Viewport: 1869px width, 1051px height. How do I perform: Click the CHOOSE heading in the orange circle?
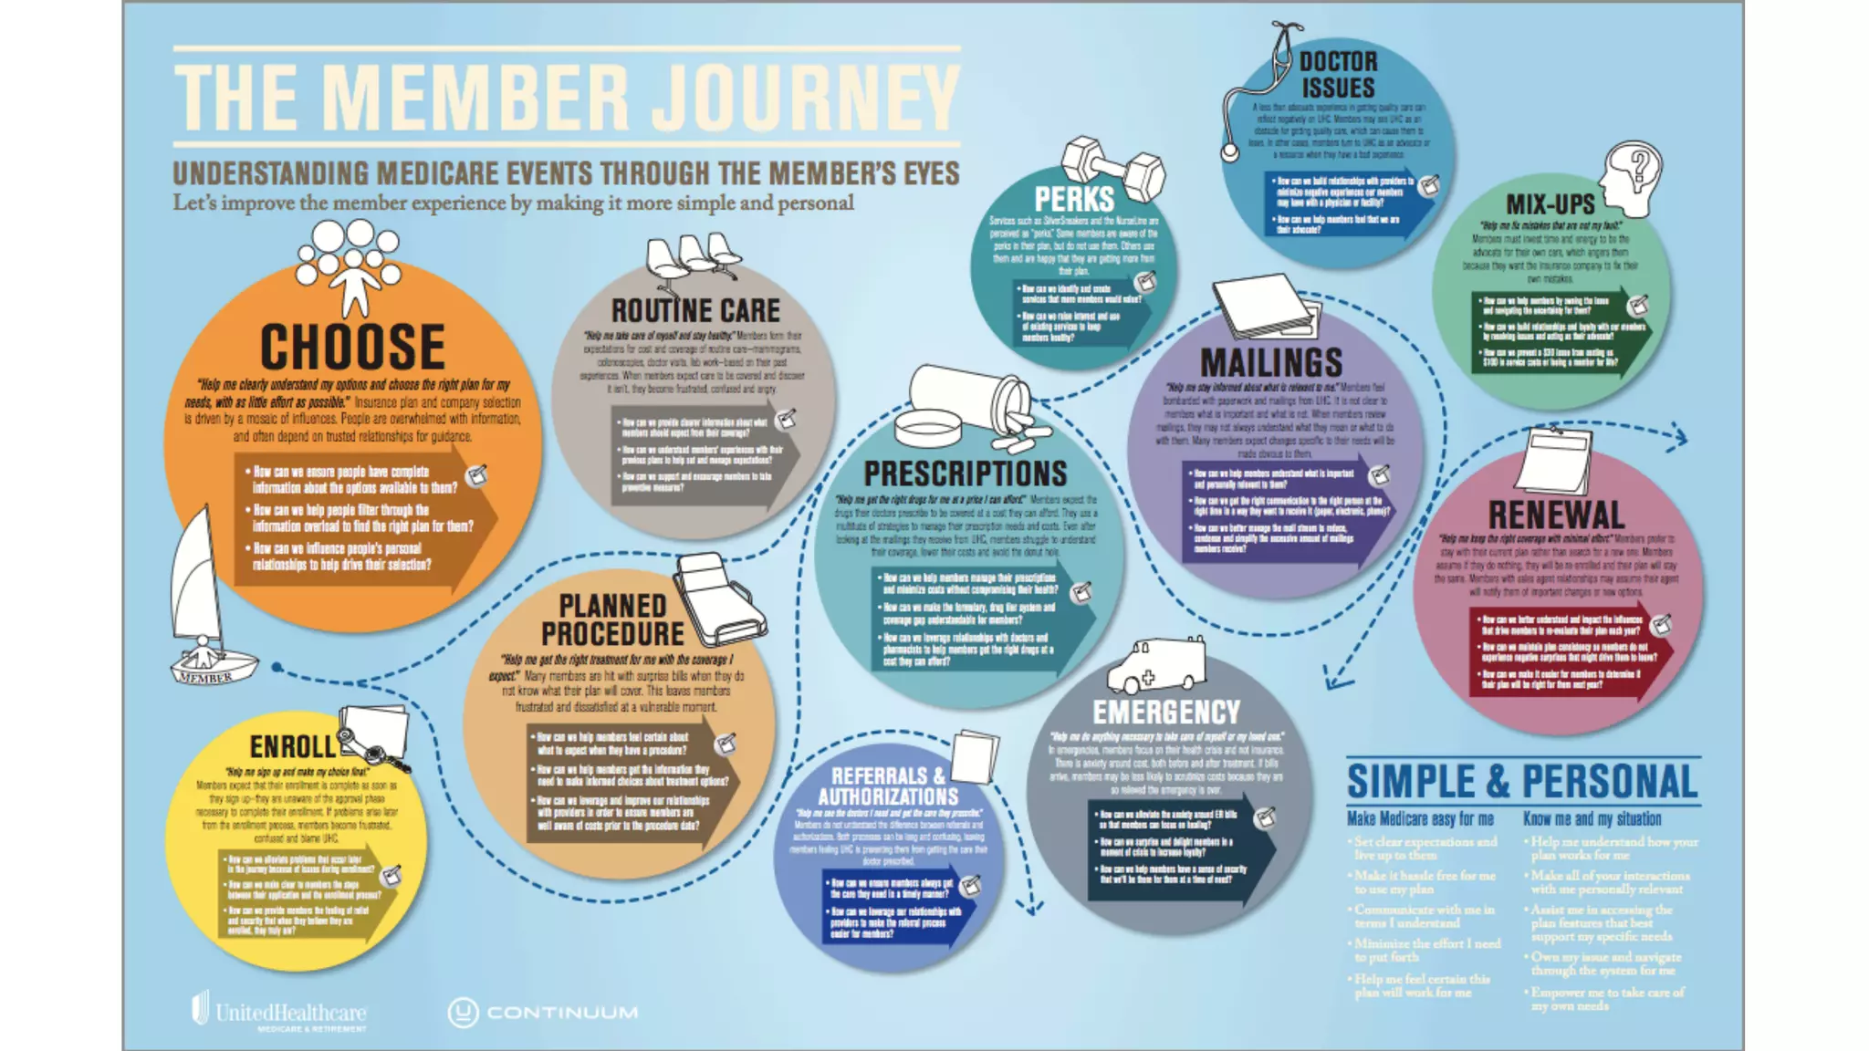[x=353, y=347]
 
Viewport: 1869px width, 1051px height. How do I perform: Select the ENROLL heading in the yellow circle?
[x=293, y=747]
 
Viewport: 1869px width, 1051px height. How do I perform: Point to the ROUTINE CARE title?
[x=695, y=311]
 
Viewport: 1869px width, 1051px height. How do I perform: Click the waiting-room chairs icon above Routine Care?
[x=692, y=256]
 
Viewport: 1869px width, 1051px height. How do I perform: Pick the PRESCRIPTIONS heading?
[x=966, y=473]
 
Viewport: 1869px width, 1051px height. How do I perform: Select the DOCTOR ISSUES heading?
[x=1338, y=75]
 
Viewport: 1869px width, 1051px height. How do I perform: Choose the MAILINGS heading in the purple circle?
[x=1271, y=363]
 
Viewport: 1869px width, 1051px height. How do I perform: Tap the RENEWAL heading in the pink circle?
[x=1556, y=515]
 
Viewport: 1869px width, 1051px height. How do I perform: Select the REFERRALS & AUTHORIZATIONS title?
[x=888, y=786]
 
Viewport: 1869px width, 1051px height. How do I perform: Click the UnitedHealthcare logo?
[x=279, y=1012]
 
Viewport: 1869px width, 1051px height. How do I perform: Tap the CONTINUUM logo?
[x=543, y=1012]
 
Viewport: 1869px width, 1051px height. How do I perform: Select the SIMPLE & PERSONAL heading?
[x=1522, y=782]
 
